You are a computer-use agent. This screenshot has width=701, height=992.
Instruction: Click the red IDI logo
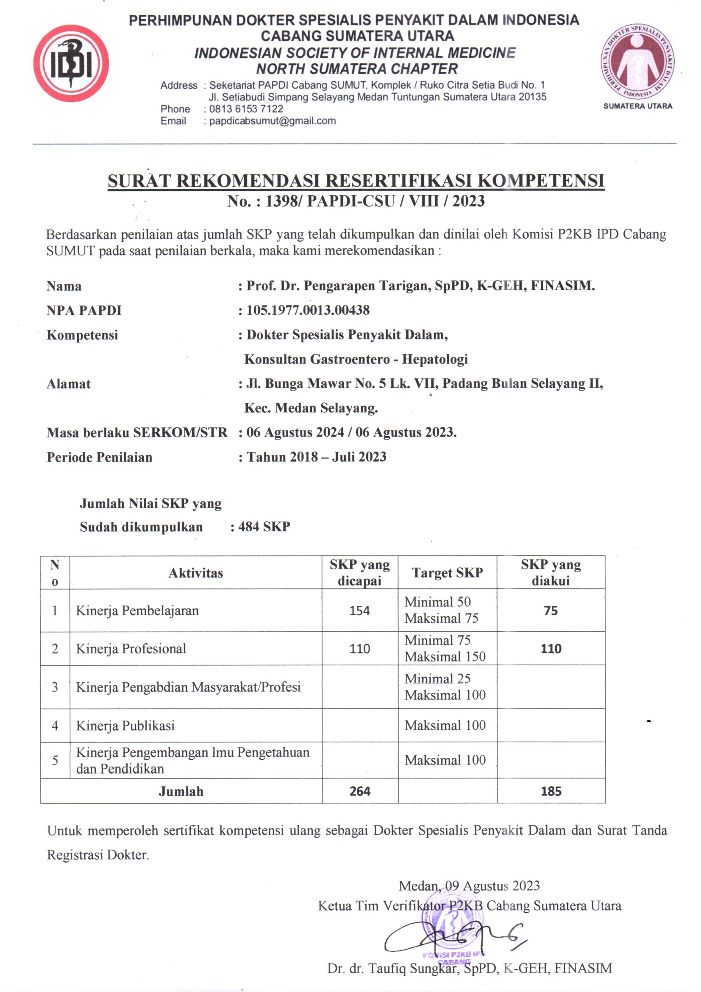pos(71,64)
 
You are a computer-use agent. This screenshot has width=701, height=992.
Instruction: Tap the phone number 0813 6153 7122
pos(246,109)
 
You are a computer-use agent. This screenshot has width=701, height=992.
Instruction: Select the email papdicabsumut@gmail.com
pos(273,121)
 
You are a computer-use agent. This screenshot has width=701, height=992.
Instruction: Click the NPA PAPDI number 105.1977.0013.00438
pos(308,310)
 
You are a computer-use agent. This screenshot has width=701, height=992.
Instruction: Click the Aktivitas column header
pos(195,573)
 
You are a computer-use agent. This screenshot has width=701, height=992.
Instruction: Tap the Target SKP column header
pos(447,573)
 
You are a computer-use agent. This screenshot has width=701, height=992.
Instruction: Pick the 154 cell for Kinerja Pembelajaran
pos(359,611)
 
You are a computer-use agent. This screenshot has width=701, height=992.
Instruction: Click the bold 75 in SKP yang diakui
pos(551,611)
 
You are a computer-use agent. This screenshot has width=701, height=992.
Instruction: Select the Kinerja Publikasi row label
pos(125,726)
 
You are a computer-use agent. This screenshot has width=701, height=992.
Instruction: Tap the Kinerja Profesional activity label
pos(131,649)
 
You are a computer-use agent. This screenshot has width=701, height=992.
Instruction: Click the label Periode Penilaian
pos(99,457)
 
